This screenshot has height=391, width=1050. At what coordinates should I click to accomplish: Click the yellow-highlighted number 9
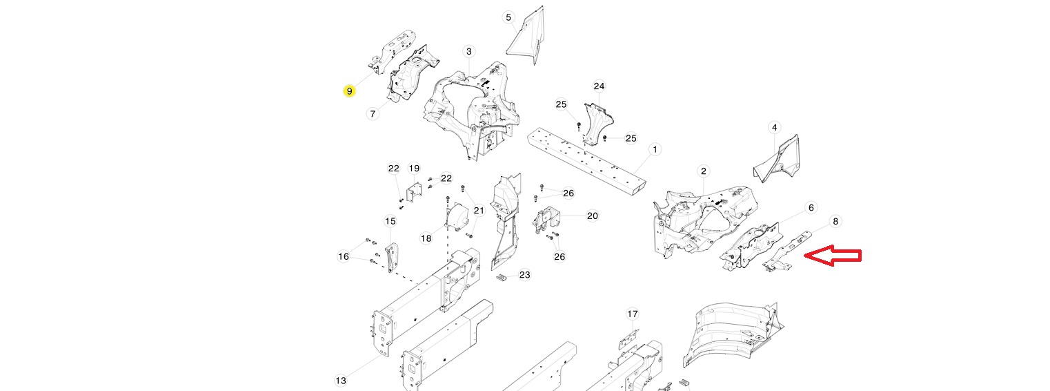(x=349, y=91)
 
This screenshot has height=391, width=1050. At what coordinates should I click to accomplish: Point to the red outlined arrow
(x=833, y=256)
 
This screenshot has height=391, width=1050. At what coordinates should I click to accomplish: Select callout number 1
(x=655, y=150)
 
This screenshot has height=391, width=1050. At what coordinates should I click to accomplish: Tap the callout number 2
(x=703, y=171)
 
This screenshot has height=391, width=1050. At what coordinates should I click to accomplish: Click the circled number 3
(x=468, y=52)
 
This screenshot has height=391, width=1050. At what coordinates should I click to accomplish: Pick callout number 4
(x=774, y=128)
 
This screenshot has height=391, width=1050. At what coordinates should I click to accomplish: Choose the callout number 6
(x=811, y=207)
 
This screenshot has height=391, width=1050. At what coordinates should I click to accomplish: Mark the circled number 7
(x=373, y=113)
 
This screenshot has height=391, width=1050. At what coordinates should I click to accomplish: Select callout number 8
(x=835, y=221)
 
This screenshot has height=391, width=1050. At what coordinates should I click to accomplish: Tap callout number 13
(x=341, y=381)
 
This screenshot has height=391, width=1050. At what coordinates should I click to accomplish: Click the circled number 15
(x=390, y=221)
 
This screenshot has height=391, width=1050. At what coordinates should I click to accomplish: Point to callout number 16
(x=344, y=256)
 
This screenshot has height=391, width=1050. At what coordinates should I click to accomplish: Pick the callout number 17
(x=633, y=314)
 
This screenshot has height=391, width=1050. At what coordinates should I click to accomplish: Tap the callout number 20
(x=593, y=216)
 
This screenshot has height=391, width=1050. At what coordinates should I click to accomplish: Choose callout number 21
(x=479, y=211)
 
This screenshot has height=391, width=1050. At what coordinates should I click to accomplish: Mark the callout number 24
(x=599, y=86)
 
